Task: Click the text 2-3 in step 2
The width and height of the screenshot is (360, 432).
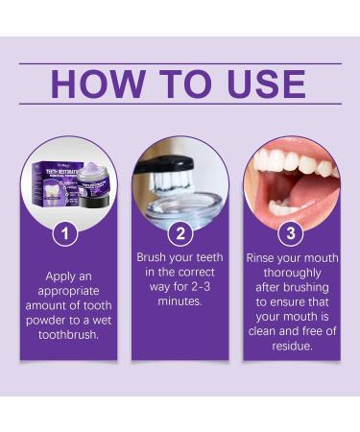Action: coord(196,286)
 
